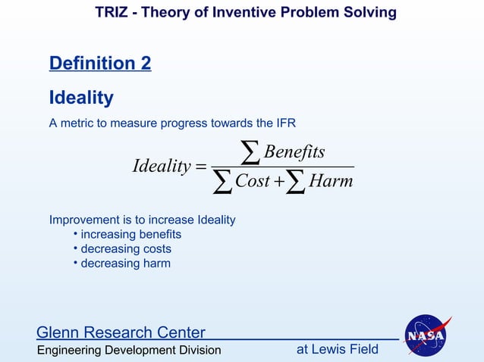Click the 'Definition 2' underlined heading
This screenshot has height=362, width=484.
click(x=99, y=64)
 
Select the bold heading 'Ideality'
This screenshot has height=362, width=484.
click(x=81, y=98)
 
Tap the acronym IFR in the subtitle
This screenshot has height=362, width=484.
click(x=294, y=123)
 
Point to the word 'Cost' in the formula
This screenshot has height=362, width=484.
click(x=253, y=182)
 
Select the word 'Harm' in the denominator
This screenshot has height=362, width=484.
click(x=331, y=182)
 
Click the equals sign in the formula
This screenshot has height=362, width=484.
click(x=201, y=167)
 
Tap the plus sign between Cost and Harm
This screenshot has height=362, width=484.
click(x=281, y=183)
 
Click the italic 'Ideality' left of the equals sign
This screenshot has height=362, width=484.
click(x=161, y=166)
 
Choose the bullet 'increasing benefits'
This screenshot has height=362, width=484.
click(x=130, y=235)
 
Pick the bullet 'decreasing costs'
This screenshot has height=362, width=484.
click(x=126, y=249)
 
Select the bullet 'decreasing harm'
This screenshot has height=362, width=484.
click(x=125, y=264)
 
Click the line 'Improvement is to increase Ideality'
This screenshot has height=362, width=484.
click(x=143, y=220)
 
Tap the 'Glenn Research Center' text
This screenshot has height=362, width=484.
click(x=121, y=332)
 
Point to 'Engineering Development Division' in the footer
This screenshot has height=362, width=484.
click(x=129, y=350)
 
